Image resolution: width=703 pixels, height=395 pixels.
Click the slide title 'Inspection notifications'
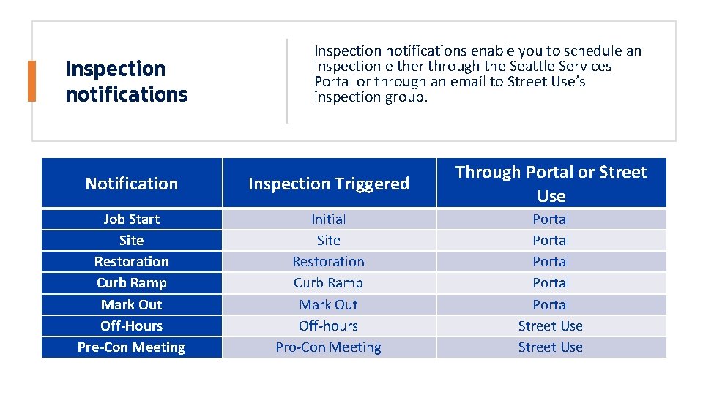click(x=127, y=81)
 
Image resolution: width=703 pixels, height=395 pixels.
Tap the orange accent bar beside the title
click(x=31, y=81)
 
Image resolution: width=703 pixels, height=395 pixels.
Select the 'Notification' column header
click(x=132, y=184)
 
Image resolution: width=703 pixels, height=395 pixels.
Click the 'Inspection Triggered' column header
click(x=329, y=184)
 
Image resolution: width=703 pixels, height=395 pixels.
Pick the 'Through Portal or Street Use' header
click(x=551, y=184)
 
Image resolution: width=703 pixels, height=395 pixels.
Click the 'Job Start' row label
click(x=132, y=219)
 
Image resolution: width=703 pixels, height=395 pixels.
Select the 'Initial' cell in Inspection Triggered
click(x=329, y=219)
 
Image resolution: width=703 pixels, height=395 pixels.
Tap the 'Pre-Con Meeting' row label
click(x=132, y=347)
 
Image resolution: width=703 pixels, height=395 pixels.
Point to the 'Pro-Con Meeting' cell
click(x=329, y=347)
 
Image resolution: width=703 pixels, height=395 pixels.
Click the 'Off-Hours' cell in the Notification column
click(x=132, y=326)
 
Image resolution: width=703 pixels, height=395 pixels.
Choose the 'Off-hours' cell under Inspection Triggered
click(x=329, y=326)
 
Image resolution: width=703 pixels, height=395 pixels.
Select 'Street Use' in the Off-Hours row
click(x=551, y=326)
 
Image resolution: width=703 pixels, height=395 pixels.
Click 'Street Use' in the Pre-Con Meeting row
click(x=551, y=347)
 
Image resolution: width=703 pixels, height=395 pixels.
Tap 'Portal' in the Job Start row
click(x=551, y=219)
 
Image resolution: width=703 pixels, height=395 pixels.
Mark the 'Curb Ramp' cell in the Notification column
click(x=132, y=282)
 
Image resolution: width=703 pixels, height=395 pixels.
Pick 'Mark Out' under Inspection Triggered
click(x=329, y=304)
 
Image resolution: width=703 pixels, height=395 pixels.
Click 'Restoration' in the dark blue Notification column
click(x=132, y=261)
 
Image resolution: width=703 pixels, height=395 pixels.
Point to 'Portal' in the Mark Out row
click(x=551, y=304)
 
